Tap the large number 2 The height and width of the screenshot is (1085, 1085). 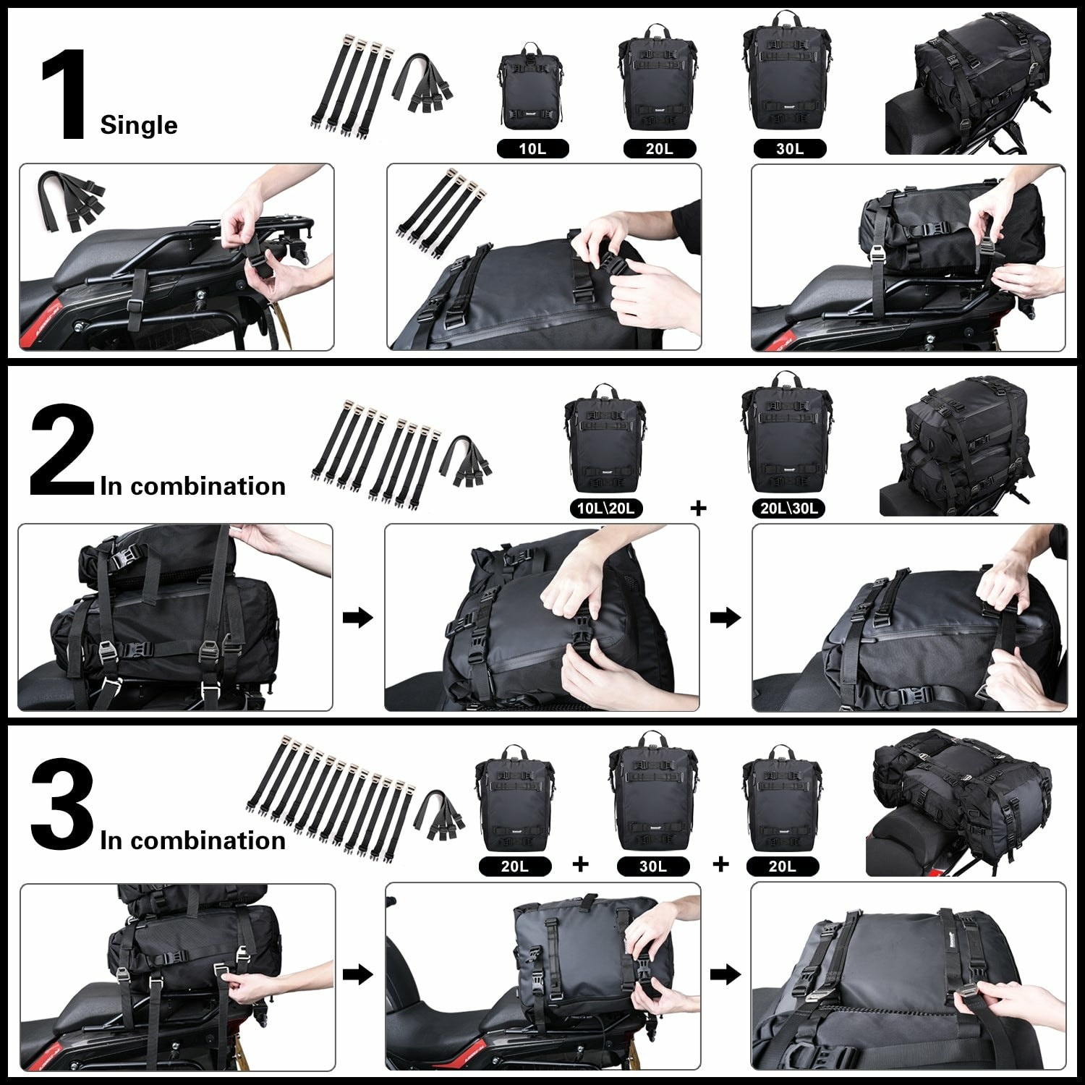[62, 450]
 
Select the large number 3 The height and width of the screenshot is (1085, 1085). [62, 804]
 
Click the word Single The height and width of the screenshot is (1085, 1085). [138, 125]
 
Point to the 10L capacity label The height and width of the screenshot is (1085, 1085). [532, 149]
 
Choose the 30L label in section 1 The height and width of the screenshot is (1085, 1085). [789, 149]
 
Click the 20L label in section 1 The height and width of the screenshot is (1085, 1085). [659, 149]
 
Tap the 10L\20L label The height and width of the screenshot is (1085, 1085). [605, 509]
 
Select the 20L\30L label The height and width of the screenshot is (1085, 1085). [788, 509]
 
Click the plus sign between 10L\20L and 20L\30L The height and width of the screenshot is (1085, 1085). [698, 509]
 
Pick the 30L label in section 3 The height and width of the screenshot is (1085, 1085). [652, 866]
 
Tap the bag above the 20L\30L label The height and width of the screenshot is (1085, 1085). [787, 435]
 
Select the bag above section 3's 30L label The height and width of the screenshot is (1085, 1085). [653, 793]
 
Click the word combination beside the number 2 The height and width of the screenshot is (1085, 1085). [208, 487]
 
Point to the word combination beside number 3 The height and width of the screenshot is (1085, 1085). [208, 841]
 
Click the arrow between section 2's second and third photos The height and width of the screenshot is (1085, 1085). [726, 618]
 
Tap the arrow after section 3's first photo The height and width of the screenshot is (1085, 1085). [357, 974]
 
